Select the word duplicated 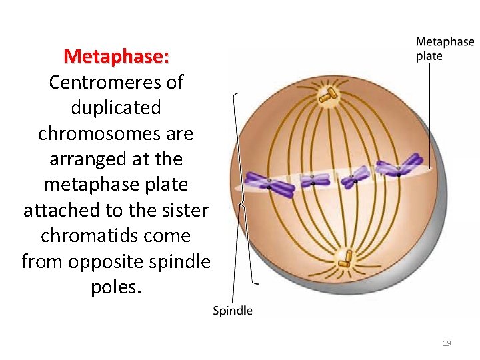point(116,107)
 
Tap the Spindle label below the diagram point(232,311)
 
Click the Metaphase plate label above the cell point(445,49)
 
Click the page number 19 point(447,343)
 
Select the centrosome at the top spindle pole point(327,96)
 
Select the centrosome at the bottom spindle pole point(345,257)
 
